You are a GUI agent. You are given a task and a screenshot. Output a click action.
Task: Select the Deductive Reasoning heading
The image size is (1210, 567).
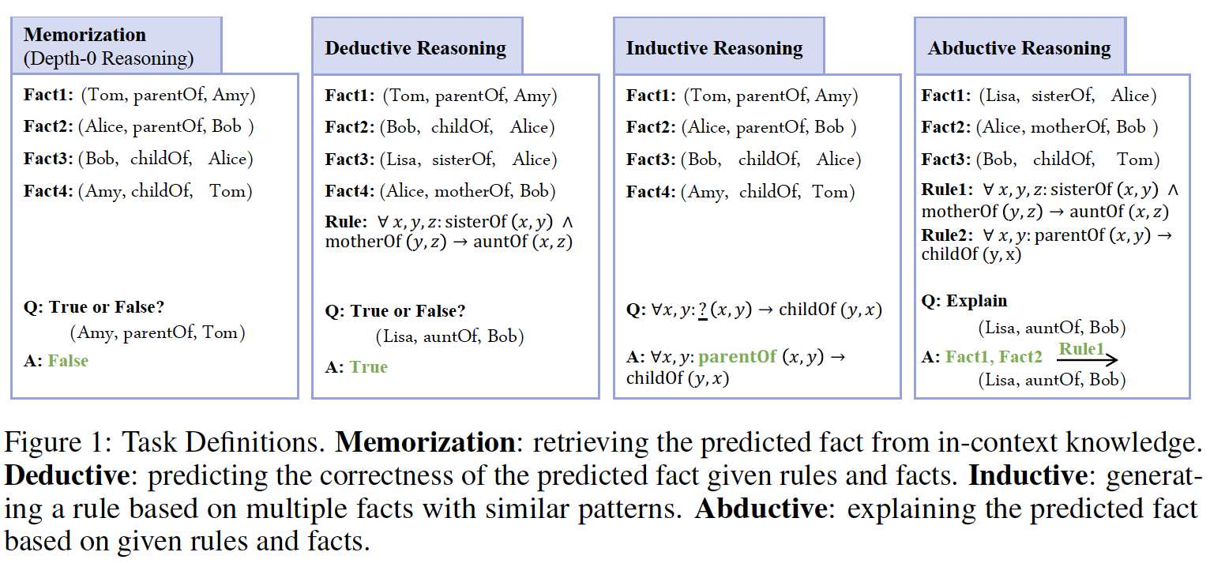click(415, 48)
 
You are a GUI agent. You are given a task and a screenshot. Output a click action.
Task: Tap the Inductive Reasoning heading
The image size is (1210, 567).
click(714, 48)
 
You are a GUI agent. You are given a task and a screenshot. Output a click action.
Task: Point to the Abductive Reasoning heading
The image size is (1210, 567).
click(1020, 48)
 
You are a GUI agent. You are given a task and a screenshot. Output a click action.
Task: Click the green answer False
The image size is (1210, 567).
click(68, 360)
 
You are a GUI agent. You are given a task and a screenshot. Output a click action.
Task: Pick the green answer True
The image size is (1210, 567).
click(368, 366)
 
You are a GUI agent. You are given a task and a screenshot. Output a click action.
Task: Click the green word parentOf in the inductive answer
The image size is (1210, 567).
click(738, 357)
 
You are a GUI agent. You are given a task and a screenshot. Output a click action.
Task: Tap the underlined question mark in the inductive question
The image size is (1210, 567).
click(703, 310)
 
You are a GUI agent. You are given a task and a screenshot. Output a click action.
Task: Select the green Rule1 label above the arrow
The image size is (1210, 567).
click(1081, 349)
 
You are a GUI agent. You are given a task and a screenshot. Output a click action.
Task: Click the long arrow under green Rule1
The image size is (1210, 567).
click(1087, 359)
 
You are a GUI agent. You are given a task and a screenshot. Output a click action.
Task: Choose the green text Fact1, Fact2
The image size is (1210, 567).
click(994, 357)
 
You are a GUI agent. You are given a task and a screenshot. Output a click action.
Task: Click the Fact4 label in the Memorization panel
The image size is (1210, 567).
click(48, 191)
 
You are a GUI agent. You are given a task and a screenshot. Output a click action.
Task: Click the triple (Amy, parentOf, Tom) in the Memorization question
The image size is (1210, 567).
click(157, 332)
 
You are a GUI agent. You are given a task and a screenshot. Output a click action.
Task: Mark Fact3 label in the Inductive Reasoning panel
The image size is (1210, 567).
click(651, 160)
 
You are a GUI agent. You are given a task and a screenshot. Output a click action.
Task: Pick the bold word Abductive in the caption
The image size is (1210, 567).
click(761, 509)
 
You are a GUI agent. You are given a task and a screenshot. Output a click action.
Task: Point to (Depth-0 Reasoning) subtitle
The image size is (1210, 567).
click(108, 58)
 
